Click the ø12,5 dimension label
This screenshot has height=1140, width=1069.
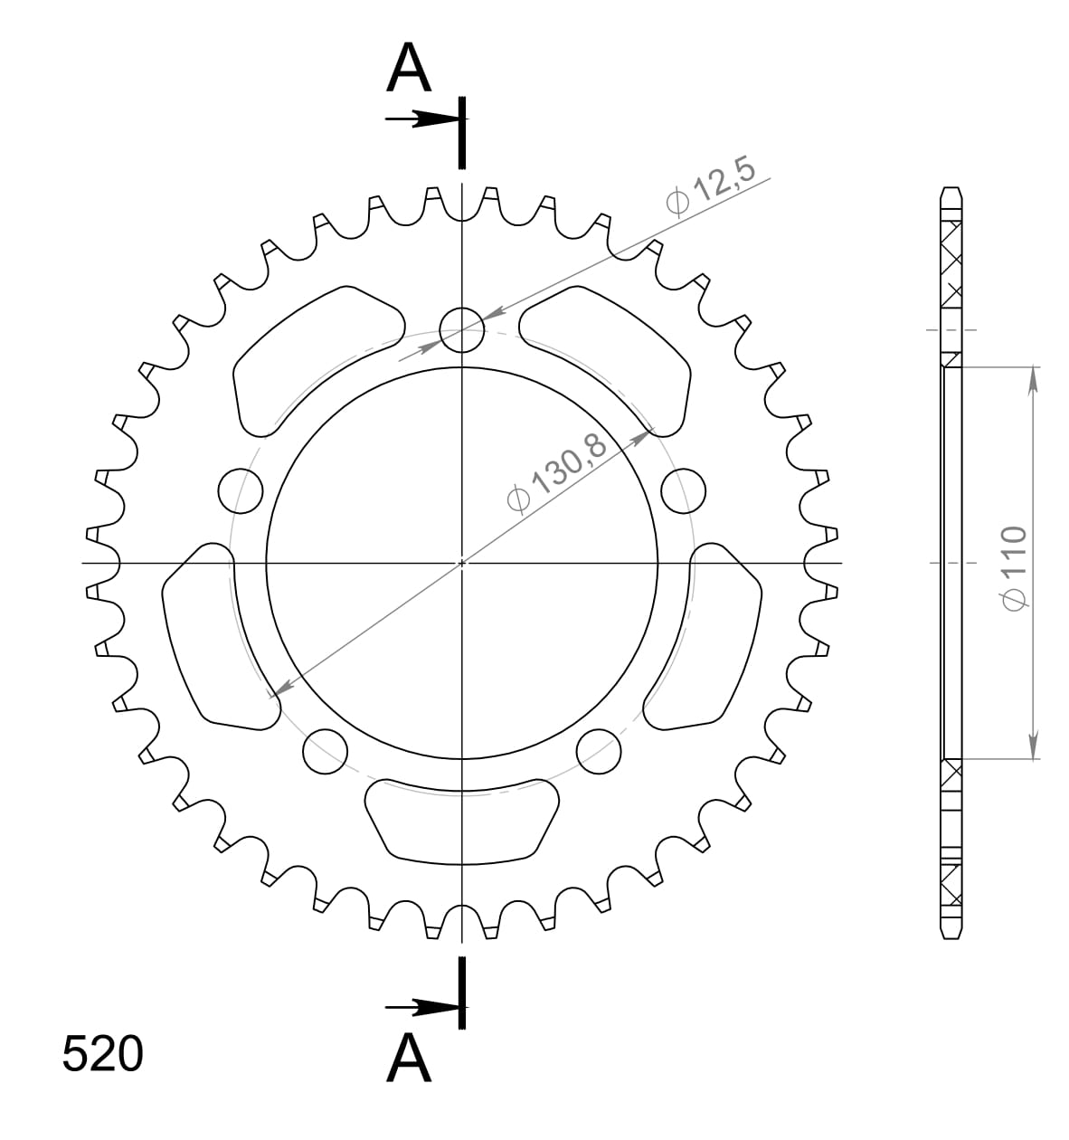[711, 188]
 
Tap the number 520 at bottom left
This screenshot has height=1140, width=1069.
[102, 1054]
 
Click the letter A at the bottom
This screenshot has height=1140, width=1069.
[409, 1058]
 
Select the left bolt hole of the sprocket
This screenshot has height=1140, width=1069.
[241, 491]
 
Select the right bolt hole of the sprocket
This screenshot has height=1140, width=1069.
[684, 491]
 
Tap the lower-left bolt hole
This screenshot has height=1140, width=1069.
[325, 752]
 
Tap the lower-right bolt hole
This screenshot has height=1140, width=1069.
[600, 752]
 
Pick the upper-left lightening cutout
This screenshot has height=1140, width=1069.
[312, 357]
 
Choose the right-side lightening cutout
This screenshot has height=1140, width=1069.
[710, 633]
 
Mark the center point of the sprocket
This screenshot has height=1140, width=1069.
[462, 563]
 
